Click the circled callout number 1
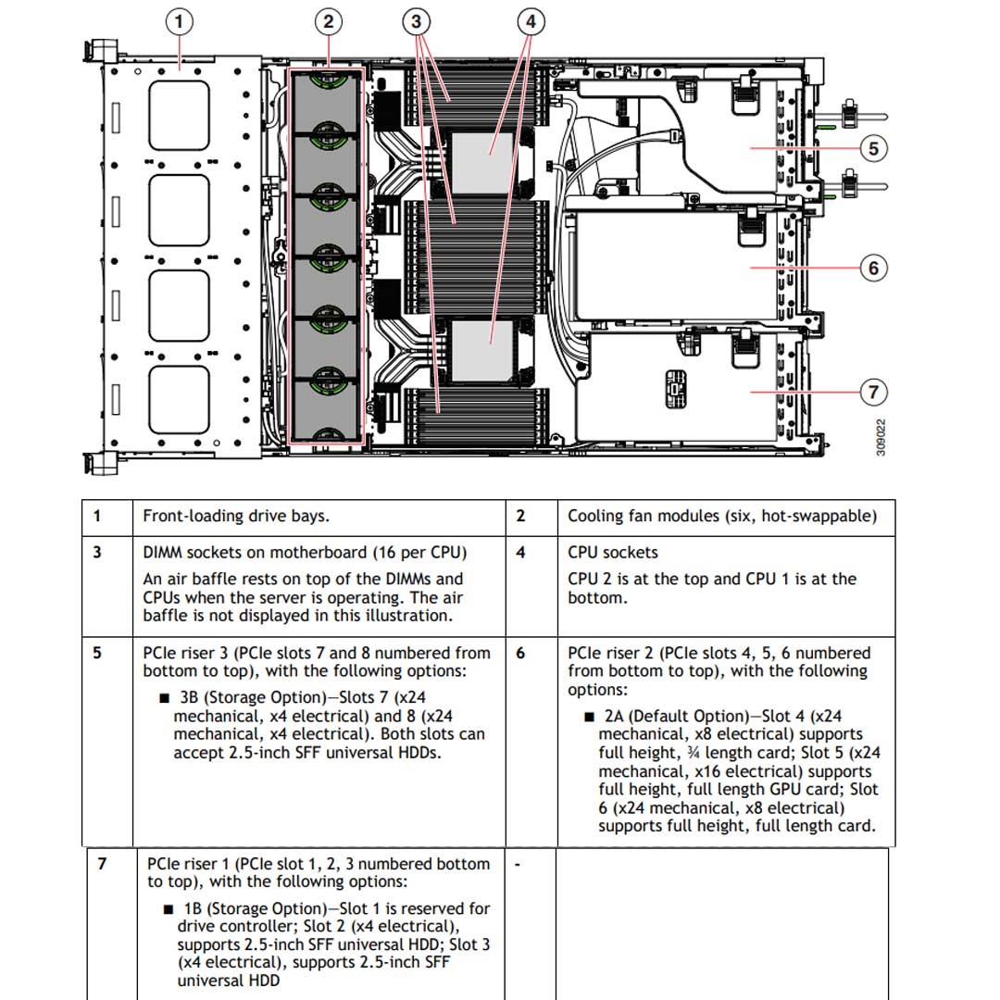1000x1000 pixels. (x=180, y=20)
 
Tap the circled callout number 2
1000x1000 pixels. (x=328, y=20)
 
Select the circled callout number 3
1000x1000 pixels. (x=418, y=20)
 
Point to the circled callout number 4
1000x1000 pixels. (x=530, y=20)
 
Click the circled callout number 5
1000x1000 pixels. (x=873, y=148)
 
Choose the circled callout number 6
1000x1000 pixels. (x=873, y=269)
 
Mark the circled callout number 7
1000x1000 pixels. (x=873, y=393)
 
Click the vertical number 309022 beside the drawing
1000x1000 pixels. (x=881, y=436)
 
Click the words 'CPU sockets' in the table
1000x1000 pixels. (x=613, y=553)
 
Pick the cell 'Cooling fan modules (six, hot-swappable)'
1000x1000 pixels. (x=722, y=517)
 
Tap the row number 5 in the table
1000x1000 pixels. (x=97, y=653)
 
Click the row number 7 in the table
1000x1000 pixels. (x=102, y=864)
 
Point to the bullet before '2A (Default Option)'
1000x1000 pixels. (x=588, y=717)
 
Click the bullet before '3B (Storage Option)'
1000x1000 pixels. (x=164, y=698)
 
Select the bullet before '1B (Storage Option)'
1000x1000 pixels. (x=169, y=909)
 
